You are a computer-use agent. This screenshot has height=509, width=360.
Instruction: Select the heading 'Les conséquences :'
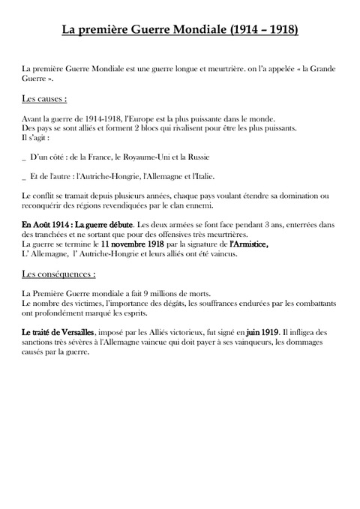(59, 274)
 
